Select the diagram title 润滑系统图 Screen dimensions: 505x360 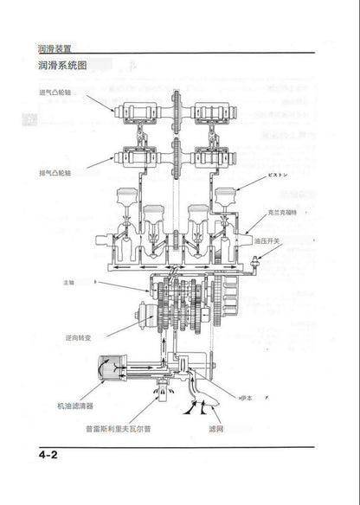pos(62,66)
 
